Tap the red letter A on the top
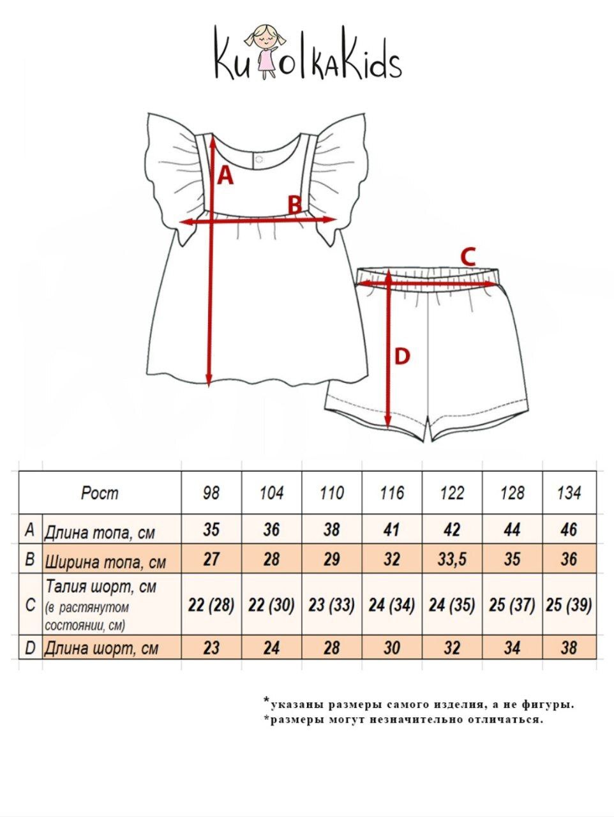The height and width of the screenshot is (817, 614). click(225, 174)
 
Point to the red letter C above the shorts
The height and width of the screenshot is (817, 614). click(468, 257)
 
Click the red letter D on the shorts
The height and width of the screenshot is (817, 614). click(401, 356)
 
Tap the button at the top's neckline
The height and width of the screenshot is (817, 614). click(257, 157)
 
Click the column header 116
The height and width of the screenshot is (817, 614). click(392, 493)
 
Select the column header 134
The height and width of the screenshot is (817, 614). click(569, 493)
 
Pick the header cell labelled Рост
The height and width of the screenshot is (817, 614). click(100, 493)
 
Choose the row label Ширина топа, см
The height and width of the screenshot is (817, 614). click(105, 562)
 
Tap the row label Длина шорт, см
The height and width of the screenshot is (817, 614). click(101, 648)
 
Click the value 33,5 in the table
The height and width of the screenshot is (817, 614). click(452, 560)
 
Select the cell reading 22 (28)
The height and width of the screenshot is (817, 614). click(211, 604)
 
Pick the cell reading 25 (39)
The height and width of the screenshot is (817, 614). click(569, 604)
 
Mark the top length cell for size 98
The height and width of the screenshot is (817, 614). click(211, 529)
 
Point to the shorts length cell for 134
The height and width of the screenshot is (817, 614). click(569, 648)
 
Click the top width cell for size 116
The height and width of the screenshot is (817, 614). click(392, 560)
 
